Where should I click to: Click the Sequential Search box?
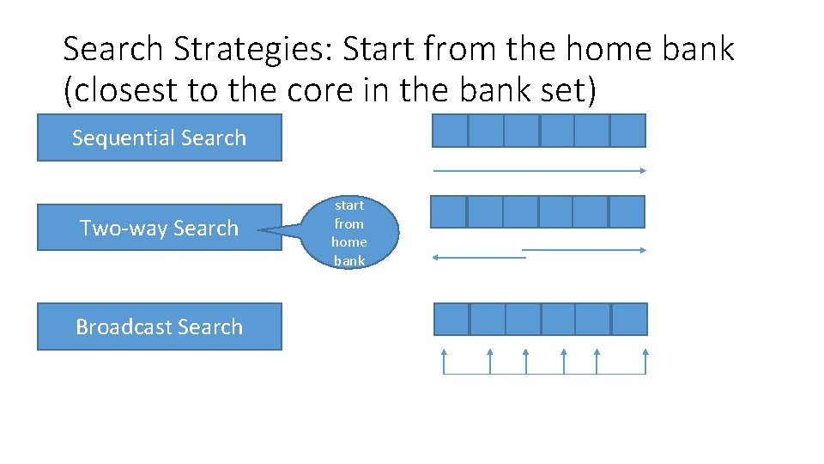[x=159, y=137]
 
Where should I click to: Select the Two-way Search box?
[x=159, y=228]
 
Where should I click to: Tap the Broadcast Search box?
[x=159, y=327]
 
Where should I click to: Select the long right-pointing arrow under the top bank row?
[x=539, y=171]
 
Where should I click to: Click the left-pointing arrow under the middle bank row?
[x=479, y=257]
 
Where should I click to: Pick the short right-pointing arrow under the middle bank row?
[x=584, y=250]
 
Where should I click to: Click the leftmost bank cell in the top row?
[x=450, y=131]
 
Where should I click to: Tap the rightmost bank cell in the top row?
[x=627, y=131]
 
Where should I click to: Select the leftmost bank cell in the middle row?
[x=448, y=211]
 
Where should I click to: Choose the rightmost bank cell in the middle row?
[x=627, y=211]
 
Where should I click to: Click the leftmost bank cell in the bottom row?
[x=452, y=319]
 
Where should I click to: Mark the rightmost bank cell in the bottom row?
[x=630, y=319]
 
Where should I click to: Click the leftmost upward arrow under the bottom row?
[x=444, y=361]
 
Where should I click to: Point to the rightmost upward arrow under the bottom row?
[x=645, y=361]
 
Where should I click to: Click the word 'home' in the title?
[x=615, y=50]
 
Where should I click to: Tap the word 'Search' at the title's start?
[x=114, y=50]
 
